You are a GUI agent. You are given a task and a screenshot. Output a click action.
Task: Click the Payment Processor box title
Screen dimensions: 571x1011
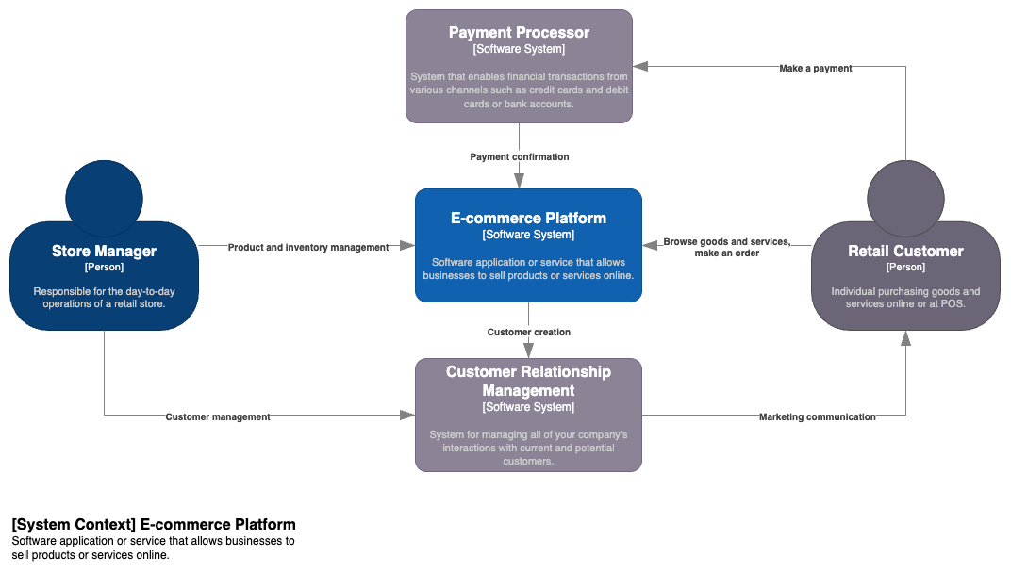(x=519, y=32)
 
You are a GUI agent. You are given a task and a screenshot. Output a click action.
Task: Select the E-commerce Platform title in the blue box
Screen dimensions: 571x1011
(x=528, y=218)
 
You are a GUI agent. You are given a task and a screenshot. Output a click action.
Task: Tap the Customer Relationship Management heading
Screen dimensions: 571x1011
(x=528, y=381)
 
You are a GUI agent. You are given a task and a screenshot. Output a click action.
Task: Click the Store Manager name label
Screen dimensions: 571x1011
(x=104, y=251)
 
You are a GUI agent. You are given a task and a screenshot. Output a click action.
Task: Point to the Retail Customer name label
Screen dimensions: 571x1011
(x=905, y=251)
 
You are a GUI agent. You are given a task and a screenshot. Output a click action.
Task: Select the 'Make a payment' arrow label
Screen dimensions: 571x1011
(x=816, y=68)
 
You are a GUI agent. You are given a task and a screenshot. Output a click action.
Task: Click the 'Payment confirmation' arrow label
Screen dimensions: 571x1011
(x=520, y=156)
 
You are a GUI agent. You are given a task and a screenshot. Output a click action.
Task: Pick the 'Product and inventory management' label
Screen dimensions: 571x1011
(x=308, y=247)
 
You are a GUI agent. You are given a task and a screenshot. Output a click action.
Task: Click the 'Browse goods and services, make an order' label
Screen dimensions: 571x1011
(x=727, y=247)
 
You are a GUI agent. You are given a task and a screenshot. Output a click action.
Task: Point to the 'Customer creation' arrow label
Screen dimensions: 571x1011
(x=529, y=332)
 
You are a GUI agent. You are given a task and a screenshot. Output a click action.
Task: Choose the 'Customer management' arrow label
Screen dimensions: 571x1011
(x=218, y=416)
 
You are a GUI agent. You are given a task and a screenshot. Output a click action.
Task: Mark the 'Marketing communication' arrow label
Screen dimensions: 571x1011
(x=818, y=416)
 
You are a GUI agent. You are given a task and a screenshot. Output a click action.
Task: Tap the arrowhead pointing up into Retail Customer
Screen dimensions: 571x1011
(x=905, y=338)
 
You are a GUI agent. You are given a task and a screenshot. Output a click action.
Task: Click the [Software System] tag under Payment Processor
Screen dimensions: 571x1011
(x=519, y=49)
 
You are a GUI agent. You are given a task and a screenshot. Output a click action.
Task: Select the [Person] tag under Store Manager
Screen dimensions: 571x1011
(x=104, y=268)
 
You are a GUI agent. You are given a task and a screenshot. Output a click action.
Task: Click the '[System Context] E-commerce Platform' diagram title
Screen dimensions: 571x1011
(x=154, y=524)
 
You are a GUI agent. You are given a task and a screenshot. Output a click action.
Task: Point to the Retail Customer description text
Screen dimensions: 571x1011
(x=905, y=298)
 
